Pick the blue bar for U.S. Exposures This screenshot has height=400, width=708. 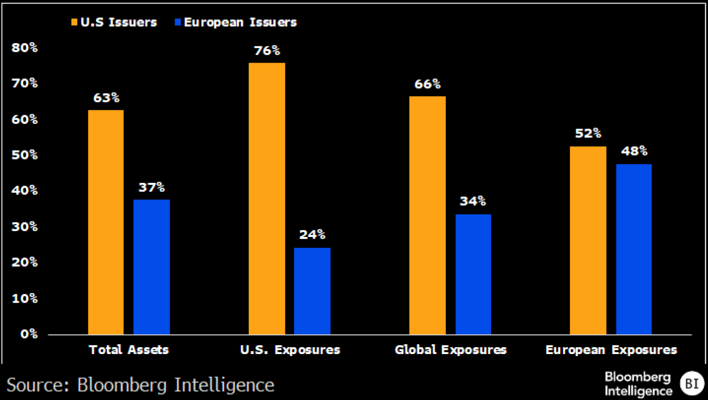tap(312, 291)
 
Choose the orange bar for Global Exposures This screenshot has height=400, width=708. tap(428, 215)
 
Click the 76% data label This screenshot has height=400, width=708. tap(267, 50)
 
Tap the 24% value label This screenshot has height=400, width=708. tap(312, 235)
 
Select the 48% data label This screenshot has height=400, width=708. tap(634, 151)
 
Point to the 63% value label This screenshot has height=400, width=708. tap(106, 98)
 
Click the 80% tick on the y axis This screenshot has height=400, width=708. tap(25, 48)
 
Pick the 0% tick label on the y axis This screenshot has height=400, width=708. tap(29, 334)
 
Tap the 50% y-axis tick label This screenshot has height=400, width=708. tap(25, 155)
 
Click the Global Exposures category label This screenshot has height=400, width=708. tap(451, 350)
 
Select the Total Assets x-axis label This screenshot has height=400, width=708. tap(129, 350)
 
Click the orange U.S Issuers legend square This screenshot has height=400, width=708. tap(74, 22)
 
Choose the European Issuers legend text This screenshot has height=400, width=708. tap(240, 23)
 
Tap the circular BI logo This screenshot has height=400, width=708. tap(692, 383)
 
